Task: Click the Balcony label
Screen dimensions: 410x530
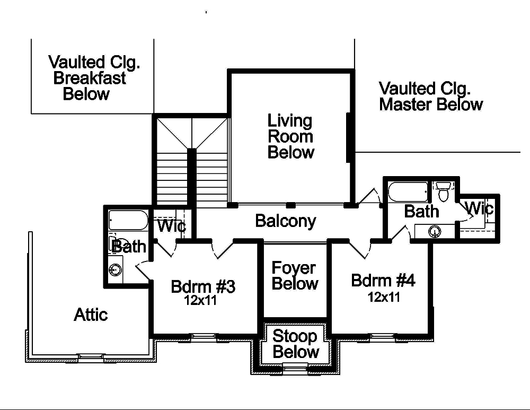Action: (285, 221)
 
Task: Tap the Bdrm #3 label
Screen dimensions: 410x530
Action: (202, 287)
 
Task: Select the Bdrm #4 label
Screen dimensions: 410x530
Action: (383, 281)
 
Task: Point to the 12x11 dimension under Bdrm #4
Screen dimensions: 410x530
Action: (384, 297)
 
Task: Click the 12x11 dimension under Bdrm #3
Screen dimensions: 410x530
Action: (200, 300)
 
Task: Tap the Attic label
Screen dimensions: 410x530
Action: (91, 315)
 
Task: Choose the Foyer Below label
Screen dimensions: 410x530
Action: (295, 276)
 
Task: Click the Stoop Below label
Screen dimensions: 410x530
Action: (296, 344)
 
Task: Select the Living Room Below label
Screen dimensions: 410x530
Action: (290, 136)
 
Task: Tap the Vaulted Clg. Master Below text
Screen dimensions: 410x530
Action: (430, 96)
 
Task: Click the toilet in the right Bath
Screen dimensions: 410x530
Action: (443, 191)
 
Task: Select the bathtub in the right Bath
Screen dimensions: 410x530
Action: (408, 192)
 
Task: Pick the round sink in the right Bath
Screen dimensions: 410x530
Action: (435, 231)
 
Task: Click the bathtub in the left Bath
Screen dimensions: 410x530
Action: (128, 220)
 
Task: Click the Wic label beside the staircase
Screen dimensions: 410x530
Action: (172, 227)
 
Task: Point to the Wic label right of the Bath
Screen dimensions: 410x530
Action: (479, 208)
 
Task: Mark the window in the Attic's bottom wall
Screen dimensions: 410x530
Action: (91, 356)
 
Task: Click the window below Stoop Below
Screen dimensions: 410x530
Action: (295, 367)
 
